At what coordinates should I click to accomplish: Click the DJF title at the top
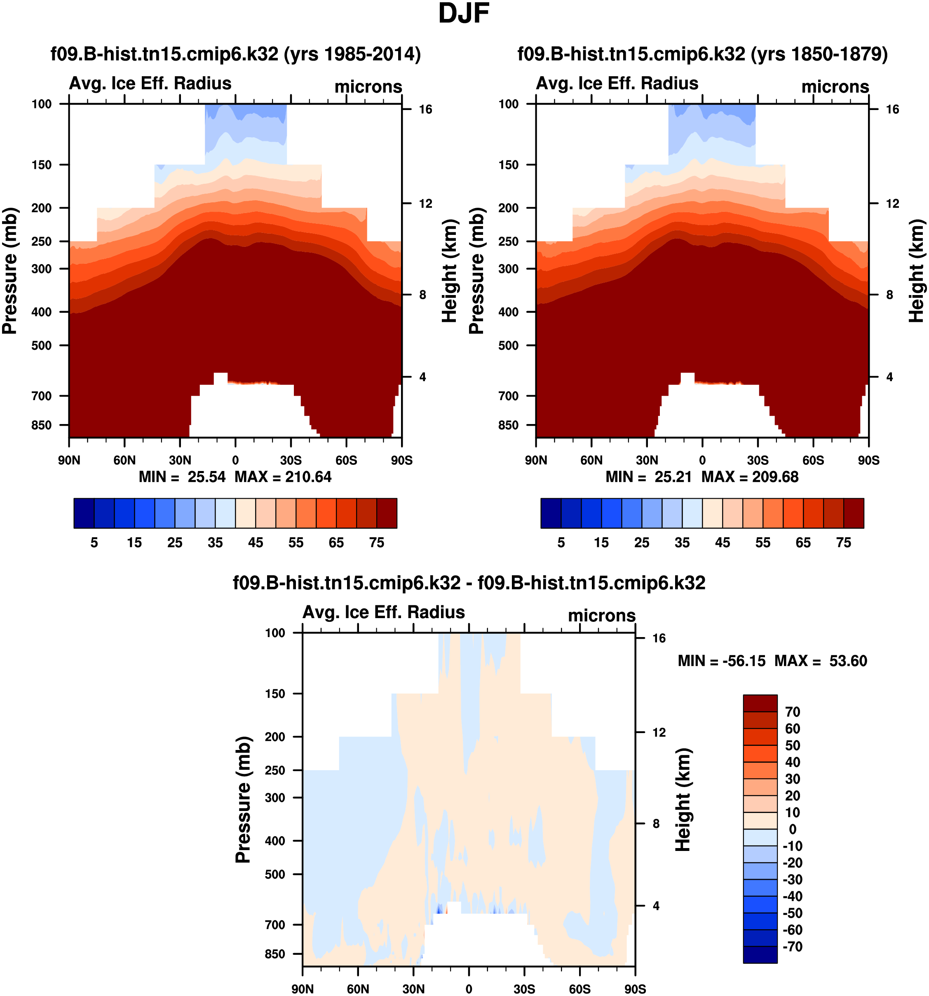point(464,14)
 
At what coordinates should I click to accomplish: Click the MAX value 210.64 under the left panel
point(308,476)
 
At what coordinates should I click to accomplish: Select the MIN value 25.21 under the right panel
point(673,476)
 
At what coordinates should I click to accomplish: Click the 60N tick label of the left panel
point(124,460)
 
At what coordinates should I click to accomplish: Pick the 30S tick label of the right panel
point(758,460)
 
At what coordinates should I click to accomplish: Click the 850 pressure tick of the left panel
point(42,425)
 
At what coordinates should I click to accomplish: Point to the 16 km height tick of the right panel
point(892,109)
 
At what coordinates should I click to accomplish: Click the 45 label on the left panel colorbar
point(256,543)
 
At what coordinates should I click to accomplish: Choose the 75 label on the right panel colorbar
point(844,543)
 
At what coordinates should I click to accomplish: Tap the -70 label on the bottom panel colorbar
point(792,947)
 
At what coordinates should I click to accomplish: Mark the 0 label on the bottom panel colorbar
point(792,829)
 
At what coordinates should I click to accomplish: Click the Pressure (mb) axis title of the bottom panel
point(243,799)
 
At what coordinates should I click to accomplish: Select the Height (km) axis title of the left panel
point(450,271)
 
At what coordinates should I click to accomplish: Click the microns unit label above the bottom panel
point(601,615)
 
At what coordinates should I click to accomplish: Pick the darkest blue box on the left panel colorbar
point(84,513)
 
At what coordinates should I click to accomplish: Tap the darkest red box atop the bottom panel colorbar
point(760,703)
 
